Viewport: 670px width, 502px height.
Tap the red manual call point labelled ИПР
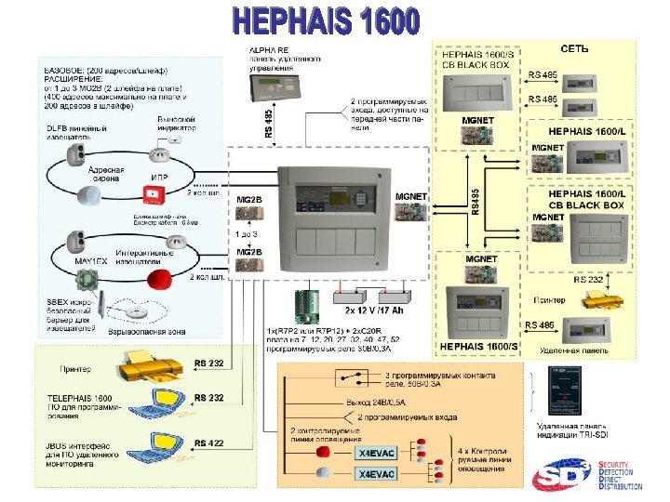[x=151, y=193]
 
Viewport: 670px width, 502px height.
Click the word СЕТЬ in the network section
[x=573, y=48]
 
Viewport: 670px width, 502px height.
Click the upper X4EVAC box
[x=377, y=454]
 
